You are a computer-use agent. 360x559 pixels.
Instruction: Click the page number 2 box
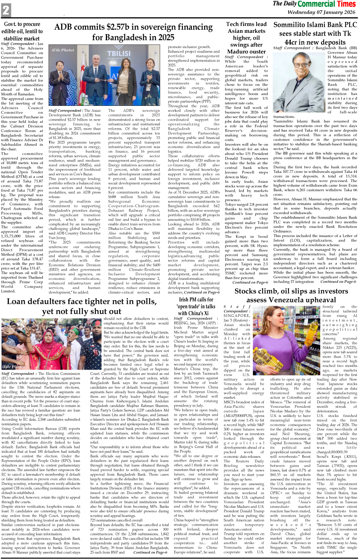point(6,10)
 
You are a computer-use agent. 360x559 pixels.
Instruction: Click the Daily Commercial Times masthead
point(314,4)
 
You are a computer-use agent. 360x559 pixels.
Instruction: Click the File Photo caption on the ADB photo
point(63,50)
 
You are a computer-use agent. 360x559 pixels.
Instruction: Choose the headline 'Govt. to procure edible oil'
point(22,31)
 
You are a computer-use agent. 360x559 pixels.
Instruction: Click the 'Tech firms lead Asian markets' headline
point(246,37)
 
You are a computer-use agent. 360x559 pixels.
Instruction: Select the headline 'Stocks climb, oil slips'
point(291,295)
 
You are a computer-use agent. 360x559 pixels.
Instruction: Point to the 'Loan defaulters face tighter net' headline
point(81,306)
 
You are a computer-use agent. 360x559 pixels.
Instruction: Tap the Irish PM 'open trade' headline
point(196,306)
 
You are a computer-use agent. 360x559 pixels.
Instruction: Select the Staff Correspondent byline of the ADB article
point(65,111)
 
